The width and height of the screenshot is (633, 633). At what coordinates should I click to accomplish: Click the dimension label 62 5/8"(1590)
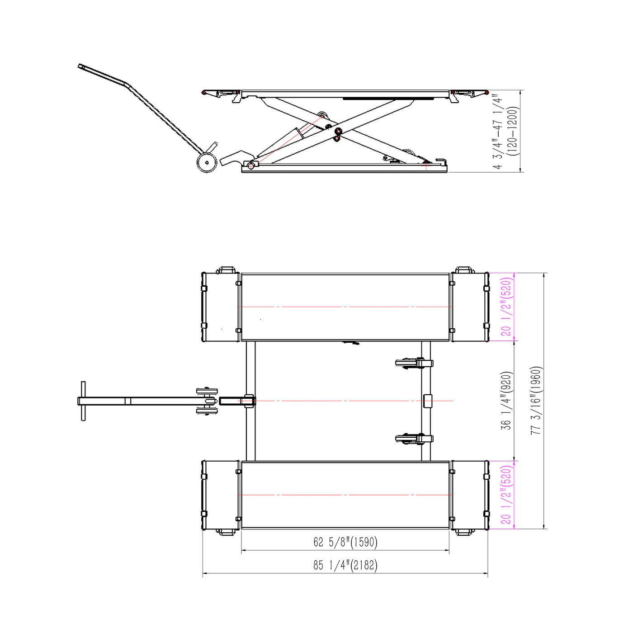[x=345, y=542]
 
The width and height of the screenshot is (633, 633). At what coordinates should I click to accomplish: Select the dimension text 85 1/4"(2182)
[x=345, y=565]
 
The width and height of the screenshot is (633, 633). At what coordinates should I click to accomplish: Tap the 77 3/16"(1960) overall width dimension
[x=535, y=401]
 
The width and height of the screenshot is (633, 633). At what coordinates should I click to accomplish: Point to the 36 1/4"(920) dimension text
[x=506, y=401]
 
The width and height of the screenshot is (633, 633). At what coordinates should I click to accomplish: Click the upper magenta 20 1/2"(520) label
[x=506, y=307]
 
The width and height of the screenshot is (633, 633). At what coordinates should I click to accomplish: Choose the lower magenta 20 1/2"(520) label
[x=506, y=495]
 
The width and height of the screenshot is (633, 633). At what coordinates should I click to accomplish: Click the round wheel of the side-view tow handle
[x=207, y=162]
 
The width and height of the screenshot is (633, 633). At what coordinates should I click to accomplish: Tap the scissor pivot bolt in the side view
[x=338, y=132]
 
